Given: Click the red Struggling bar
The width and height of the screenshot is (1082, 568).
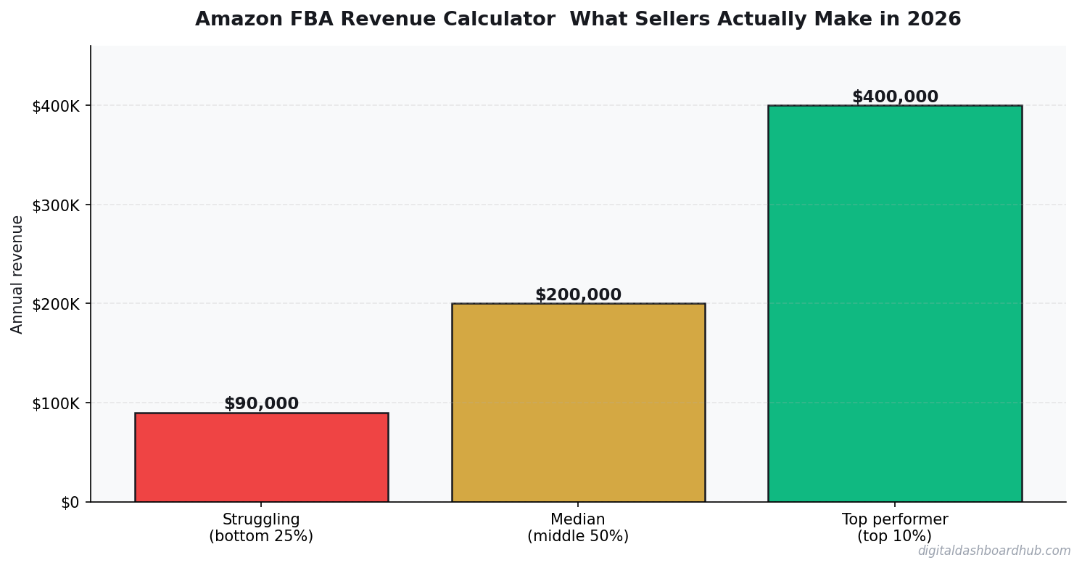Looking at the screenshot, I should tap(261, 457).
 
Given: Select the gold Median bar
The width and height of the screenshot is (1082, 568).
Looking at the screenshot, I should tap(578, 403).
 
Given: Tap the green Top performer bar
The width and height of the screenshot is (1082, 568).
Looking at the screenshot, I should tap(894, 303).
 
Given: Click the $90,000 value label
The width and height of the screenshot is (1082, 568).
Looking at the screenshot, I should tap(261, 404).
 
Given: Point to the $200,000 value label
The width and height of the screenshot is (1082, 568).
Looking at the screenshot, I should tap(578, 295).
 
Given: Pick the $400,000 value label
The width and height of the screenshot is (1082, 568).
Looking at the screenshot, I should tap(894, 97).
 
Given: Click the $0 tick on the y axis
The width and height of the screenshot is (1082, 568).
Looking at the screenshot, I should tap(70, 502).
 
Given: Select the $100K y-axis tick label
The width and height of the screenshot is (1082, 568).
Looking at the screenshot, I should tap(55, 403).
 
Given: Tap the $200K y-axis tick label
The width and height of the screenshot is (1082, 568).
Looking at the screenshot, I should tap(55, 304).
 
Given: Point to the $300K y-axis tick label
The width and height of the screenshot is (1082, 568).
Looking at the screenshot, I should tap(55, 205).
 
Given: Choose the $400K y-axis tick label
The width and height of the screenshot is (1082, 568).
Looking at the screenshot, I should tap(55, 106).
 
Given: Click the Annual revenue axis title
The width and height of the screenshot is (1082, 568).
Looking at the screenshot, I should tap(17, 274).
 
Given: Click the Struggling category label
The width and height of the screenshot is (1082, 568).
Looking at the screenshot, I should tap(261, 519).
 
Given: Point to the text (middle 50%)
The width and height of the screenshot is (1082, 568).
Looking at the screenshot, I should tap(578, 537).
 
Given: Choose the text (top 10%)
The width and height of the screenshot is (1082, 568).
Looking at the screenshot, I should tap(894, 537).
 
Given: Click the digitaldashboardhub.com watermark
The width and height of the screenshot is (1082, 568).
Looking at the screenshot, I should tap(994, 551).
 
